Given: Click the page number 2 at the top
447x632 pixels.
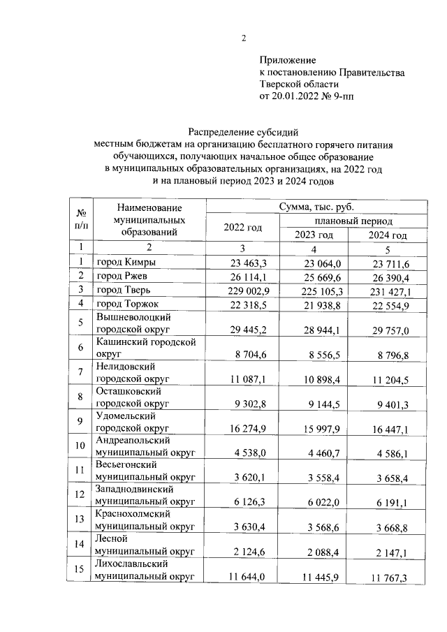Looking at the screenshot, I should pyautogui.click(x=244, y=38).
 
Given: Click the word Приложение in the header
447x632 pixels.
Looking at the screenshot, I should pyautogui.click(x=288, y=61).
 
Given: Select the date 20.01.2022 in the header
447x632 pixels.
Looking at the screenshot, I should pyautogui.click(x=302, y=96).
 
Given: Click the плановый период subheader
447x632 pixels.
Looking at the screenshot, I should pyautogui.click(x=353, y=220).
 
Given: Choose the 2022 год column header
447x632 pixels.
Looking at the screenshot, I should pyautogui.click(x=242, y=227).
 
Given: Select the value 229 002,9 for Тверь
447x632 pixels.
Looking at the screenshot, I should pyautogui.click(x=244, y=289).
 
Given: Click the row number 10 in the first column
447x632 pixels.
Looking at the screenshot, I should pyautogui.click(x=82, y=446).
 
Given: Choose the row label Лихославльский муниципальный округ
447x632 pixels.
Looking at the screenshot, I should pyautogui.click(x=145, y=569).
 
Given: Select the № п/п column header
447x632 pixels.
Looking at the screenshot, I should pyautogui.click(x=82, y=220).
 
